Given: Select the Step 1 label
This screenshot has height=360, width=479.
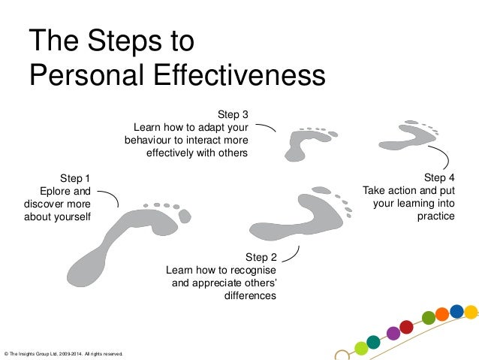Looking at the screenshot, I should pos(75,178).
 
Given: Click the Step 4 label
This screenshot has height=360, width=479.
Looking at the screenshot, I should pos(439,178).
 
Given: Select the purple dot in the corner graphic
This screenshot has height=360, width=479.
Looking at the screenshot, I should pos(393,332).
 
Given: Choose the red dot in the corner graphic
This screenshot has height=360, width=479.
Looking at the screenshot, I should pos(407,327).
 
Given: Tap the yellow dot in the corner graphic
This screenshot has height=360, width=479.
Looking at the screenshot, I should pos(471,311).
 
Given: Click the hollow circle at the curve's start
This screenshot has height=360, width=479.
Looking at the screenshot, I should pos(342,354).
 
